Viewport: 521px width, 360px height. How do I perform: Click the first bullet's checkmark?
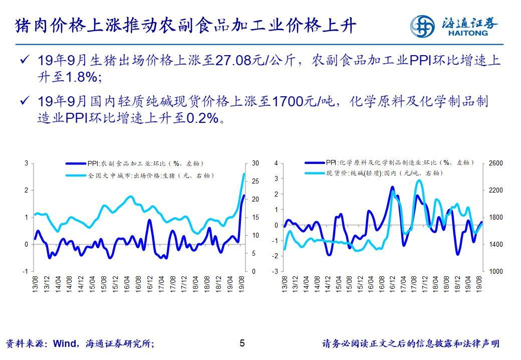[x=24, y=61]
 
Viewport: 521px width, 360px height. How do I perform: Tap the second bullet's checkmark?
[x=24, y=101]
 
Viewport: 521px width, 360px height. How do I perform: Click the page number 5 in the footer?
[x=242, y=343]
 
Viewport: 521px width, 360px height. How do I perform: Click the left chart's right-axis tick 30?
[x=255, y=163]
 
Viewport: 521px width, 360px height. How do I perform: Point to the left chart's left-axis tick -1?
[x=25, y=271]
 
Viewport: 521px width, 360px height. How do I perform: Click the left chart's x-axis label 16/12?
[x=150, y=284]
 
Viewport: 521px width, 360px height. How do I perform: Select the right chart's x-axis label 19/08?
[x=479, y=284]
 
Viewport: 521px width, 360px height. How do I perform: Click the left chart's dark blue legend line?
[x=76, y=163]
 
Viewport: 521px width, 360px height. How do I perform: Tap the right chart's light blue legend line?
[x=314, y=173]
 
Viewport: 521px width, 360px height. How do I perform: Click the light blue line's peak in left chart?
[x=243, y=174]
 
